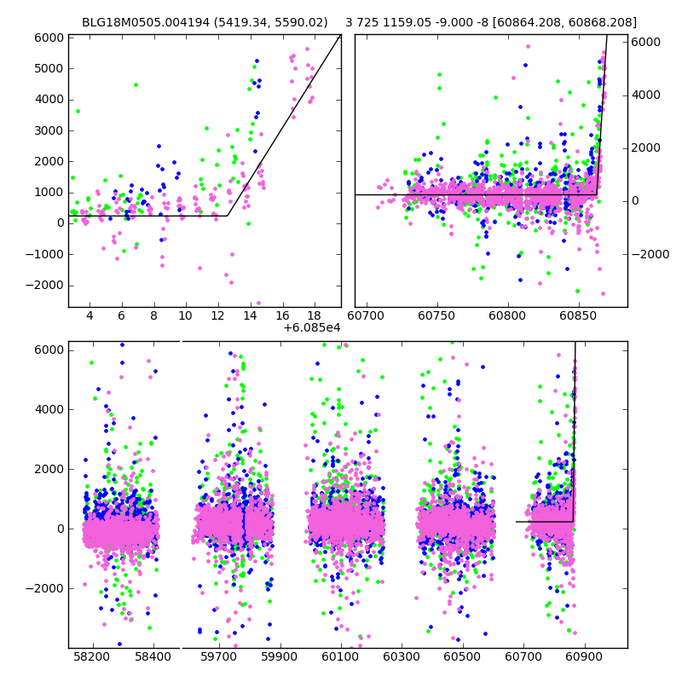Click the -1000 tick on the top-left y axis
coord(45,254)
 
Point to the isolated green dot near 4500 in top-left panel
coord(136,84)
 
